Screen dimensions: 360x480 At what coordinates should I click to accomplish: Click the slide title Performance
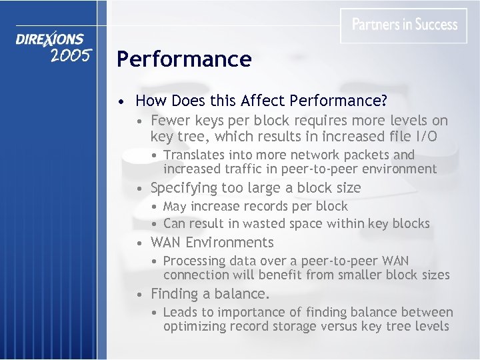(x=184, y=59)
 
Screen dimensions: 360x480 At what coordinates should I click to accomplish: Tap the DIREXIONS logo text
(x=50, y=40)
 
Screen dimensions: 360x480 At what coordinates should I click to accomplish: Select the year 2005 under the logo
(x=70, y=55)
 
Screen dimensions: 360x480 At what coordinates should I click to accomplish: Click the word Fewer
(x=171, y=121)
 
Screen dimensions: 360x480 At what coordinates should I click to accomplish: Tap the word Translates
(x=195, y=155)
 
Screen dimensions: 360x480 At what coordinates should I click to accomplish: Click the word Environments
(x=230, y=242)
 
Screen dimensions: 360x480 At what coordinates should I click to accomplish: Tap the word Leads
(x=181, y=312)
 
